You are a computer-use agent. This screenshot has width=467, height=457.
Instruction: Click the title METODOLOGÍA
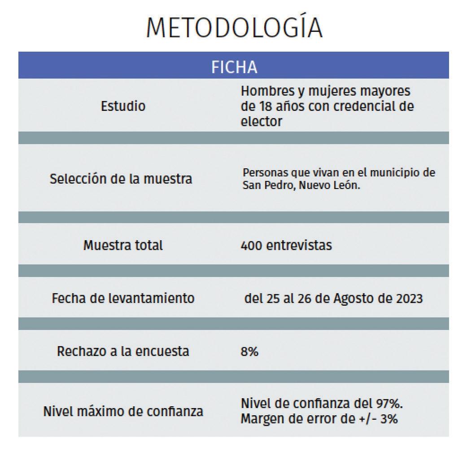(x=234, y=28)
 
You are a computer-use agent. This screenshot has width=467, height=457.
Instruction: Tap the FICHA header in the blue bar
(x=234, y=67)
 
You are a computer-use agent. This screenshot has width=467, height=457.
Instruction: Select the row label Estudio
(x=123, y=106)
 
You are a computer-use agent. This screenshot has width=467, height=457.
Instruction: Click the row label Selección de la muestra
(x=121, y=179)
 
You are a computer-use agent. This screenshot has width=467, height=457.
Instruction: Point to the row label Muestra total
(x=123, y=246)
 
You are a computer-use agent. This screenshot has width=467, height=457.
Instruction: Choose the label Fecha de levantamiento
(x=123, y=298)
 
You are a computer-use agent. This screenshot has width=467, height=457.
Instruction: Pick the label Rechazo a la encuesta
(x=123, y=351)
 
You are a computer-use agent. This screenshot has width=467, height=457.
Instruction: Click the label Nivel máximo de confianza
(x=123, y=411)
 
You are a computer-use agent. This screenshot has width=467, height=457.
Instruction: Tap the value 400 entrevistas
(x=286, y=246)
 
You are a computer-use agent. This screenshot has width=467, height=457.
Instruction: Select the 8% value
(x=249, y=352)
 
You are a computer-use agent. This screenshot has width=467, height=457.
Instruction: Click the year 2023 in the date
(x=408, y=299)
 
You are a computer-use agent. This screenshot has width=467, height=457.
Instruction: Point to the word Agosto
(x=354, y=299)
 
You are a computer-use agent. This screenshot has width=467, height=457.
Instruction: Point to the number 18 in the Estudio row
(x=264, y=106)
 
